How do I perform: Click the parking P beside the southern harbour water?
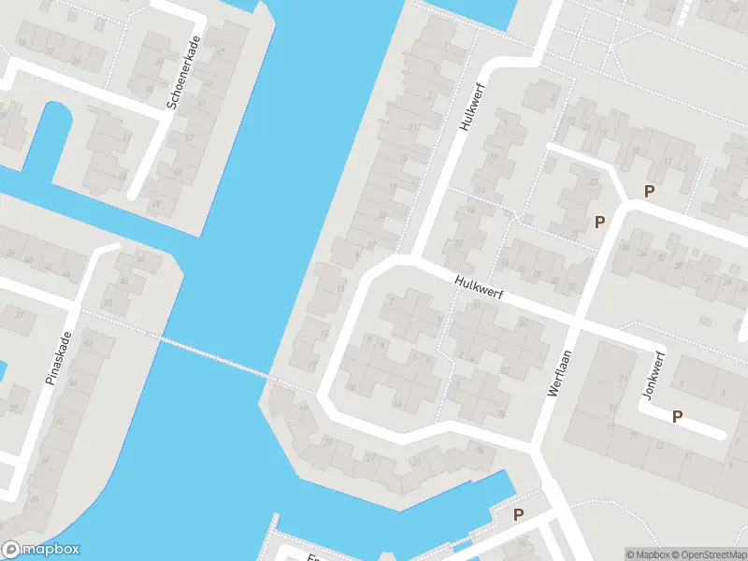click(x=518, y=514)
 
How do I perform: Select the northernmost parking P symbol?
click(x=649, y=191)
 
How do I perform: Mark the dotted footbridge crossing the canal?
click(x=215, y=357)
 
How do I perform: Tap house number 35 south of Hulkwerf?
click(x=523, y=324)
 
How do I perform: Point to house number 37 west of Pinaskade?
click(x=18, y=315)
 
